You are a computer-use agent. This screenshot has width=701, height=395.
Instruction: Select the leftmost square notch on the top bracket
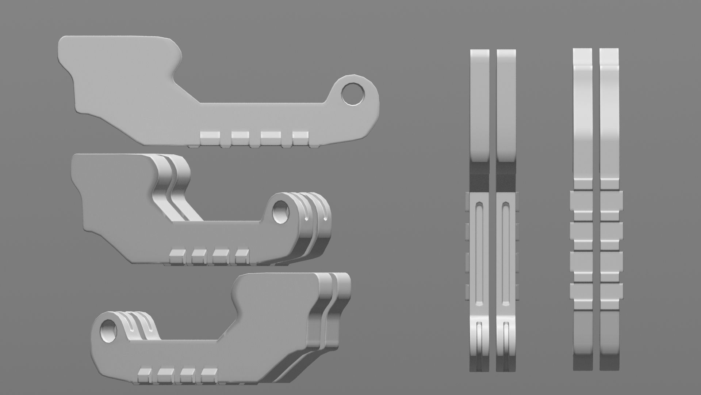point(211,138)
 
